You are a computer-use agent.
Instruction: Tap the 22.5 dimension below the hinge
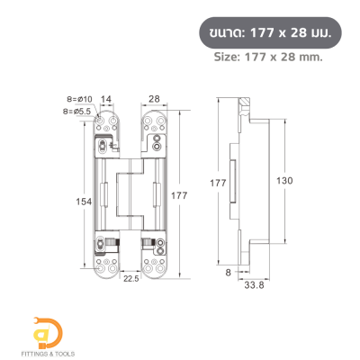130,278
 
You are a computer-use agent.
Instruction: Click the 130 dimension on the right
287,180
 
